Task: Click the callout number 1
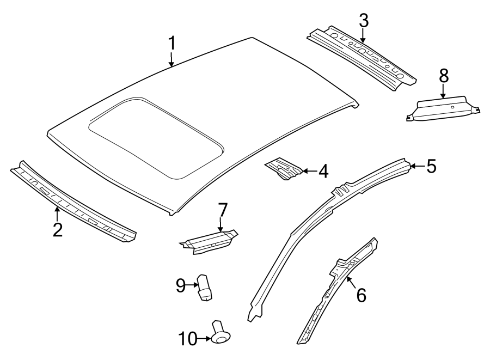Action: pos(172,43)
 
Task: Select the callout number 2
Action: pos(57,229)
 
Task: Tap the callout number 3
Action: pos(363,21)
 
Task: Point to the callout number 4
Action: pos(323,172)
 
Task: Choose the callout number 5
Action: pos(431,166)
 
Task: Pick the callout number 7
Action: pos(222,210)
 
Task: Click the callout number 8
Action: pos(444,75)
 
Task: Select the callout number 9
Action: pos(181,284)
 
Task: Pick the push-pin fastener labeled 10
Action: pos(220,333)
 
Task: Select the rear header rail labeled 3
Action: pos(362,57)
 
